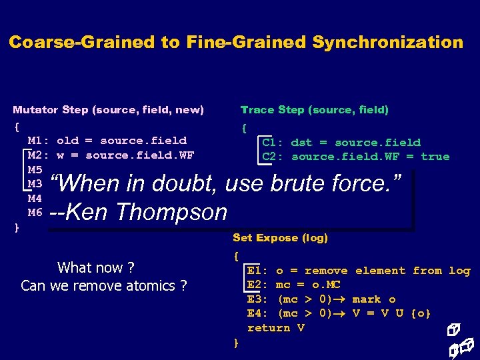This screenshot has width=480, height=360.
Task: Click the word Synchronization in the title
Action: pyautogui.click(x=387, y=43)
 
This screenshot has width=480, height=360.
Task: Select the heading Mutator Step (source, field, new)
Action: pyautogui.click(x=108, y=109)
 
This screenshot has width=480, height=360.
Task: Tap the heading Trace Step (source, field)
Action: pyautogui.click(x=314, y=109)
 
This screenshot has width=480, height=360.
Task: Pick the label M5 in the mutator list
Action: pyautogui.click(x=35, y=170)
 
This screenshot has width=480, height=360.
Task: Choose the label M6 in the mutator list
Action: pyautogui.click(x=35, y=213)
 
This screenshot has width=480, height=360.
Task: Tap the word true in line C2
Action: pyautogui.click(x=435, y=157)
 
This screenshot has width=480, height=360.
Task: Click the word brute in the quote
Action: pyautogui.click(x=306, y=183)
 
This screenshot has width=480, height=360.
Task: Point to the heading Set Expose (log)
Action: pyautogui.click(x=280, y=237)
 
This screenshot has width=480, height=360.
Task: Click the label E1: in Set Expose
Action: pyautogui.click(x=258, y=271)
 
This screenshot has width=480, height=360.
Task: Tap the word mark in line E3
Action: pyautogui.click(x=366, y=299)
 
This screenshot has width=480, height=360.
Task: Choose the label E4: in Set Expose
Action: pyautogui.click(x=258, y=313)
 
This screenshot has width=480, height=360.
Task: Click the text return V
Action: pyautogui.click(x=276, y=328)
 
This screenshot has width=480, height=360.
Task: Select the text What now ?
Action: pyautogui.click(x=96, y=268)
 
